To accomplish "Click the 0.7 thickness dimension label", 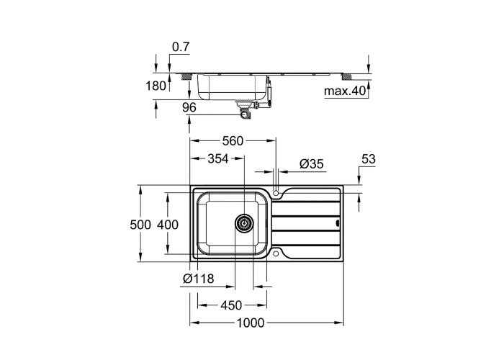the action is coord(181,47).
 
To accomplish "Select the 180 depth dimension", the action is coord(156,86).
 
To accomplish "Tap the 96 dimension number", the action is coord(189,107).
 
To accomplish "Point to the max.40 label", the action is coord(345,91).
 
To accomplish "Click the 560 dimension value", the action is coord(233,141).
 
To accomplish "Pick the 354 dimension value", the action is coord(218,158).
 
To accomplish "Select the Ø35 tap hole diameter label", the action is coord(312,164).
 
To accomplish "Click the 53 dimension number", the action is coord(369,159).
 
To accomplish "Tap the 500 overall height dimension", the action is coord(140,225).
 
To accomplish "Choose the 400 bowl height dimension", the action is coord(168,225).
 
